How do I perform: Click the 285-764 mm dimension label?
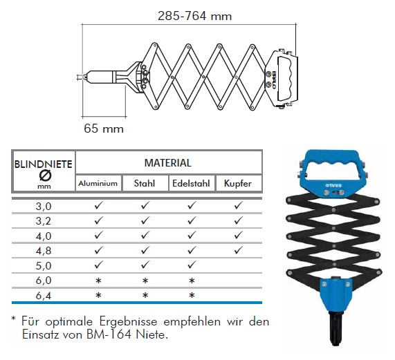pyautogui.click(x=194, y=16)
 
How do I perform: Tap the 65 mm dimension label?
pyautogui.click(x=104, y=129)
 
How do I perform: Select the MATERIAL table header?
pyautogui.click(x=168, y=163)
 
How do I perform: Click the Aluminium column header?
pyautogui.click(x=98, y=183)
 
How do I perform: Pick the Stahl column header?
pyautogui.click(x=145, y=183)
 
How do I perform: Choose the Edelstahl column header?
pyautogui.click(x=191, y=183)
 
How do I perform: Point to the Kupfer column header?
pyautogui.click(x=238, y=183)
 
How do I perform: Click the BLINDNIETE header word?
pyautogui.click(x=44, y=164)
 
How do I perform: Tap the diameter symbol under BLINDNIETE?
pyautogui.click(x=46, y=176)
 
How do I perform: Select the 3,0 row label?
pyautogui.click(x=44, y=207)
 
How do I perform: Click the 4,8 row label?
pyautogui.click(x=44, y=251)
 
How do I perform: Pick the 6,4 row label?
pyautogui.click(x=44, y=295)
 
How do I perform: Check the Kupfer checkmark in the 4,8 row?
pyautogui.click(x=238, y=250)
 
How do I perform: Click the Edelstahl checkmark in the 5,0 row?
pyautogui.click(x=192, y=265)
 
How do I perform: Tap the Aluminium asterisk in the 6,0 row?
pyautogui.click(x=98, y=281)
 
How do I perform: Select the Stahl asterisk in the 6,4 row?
pyautogui.click(x=145, y=295)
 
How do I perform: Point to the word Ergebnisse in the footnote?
pyautogui.click(x=128, y=322)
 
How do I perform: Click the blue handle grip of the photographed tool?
pyautogui.click(x=332, y=159)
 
